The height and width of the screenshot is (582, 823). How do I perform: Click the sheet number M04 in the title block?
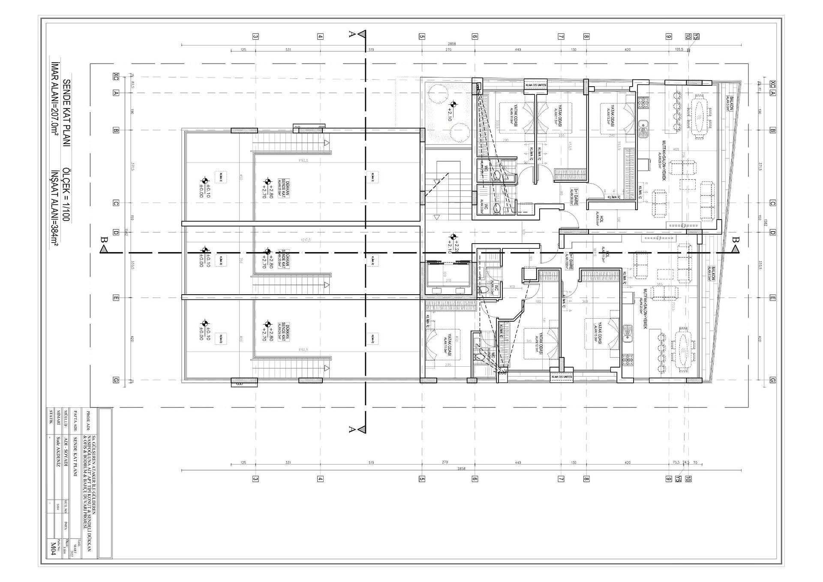(x=53, y=549)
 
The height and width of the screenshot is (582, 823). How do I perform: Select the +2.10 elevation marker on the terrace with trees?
(x=453, y=109)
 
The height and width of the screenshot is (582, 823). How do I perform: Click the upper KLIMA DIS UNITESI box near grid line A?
(x=536, y=85)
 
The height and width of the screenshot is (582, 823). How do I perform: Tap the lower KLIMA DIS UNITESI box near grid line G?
(x=561, y=377)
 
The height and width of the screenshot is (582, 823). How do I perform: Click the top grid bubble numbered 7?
(x=561, y=36)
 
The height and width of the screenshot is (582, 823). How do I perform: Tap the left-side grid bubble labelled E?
(x=115, y=298)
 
